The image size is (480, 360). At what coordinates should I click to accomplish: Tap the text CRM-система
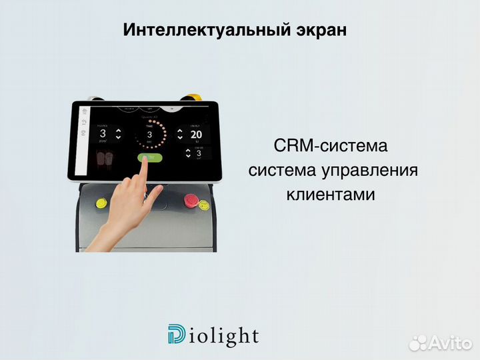(330, 146)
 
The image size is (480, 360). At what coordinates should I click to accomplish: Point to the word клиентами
(331, 195)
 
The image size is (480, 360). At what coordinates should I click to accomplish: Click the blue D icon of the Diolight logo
(177, 335)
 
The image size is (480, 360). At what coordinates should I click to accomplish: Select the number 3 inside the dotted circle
(149, 134)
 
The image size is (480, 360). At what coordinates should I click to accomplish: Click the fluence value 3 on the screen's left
(103, 133)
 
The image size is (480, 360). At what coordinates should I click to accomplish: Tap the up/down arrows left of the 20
(180, 134)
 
